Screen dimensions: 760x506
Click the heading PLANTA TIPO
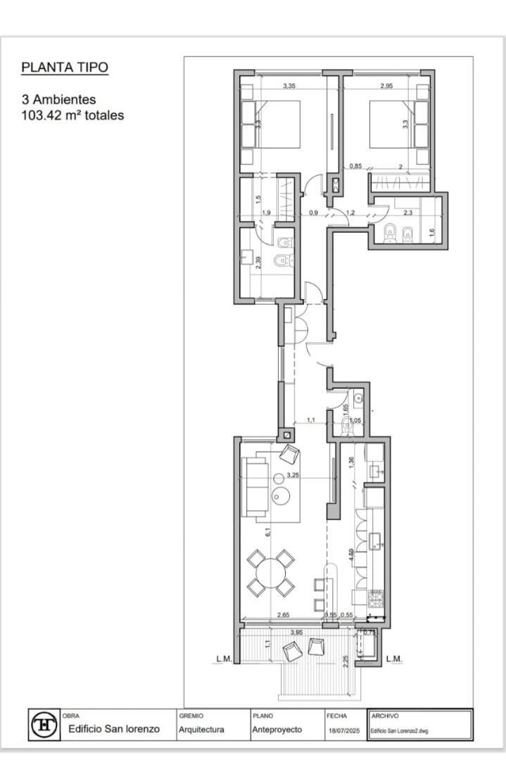65,68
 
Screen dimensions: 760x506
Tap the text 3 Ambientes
58,100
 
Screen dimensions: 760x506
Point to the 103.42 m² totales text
73,115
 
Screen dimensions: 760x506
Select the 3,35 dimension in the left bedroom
289,86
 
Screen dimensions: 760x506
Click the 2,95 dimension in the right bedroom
386,86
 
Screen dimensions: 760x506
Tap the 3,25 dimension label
293,475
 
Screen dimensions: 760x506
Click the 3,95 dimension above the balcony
296,633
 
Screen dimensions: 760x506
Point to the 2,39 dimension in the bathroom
258,263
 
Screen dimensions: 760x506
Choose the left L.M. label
224,659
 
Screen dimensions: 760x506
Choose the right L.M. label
394,659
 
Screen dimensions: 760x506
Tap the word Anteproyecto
277,730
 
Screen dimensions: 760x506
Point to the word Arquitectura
201,730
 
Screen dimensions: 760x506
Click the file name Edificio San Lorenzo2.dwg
398,730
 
